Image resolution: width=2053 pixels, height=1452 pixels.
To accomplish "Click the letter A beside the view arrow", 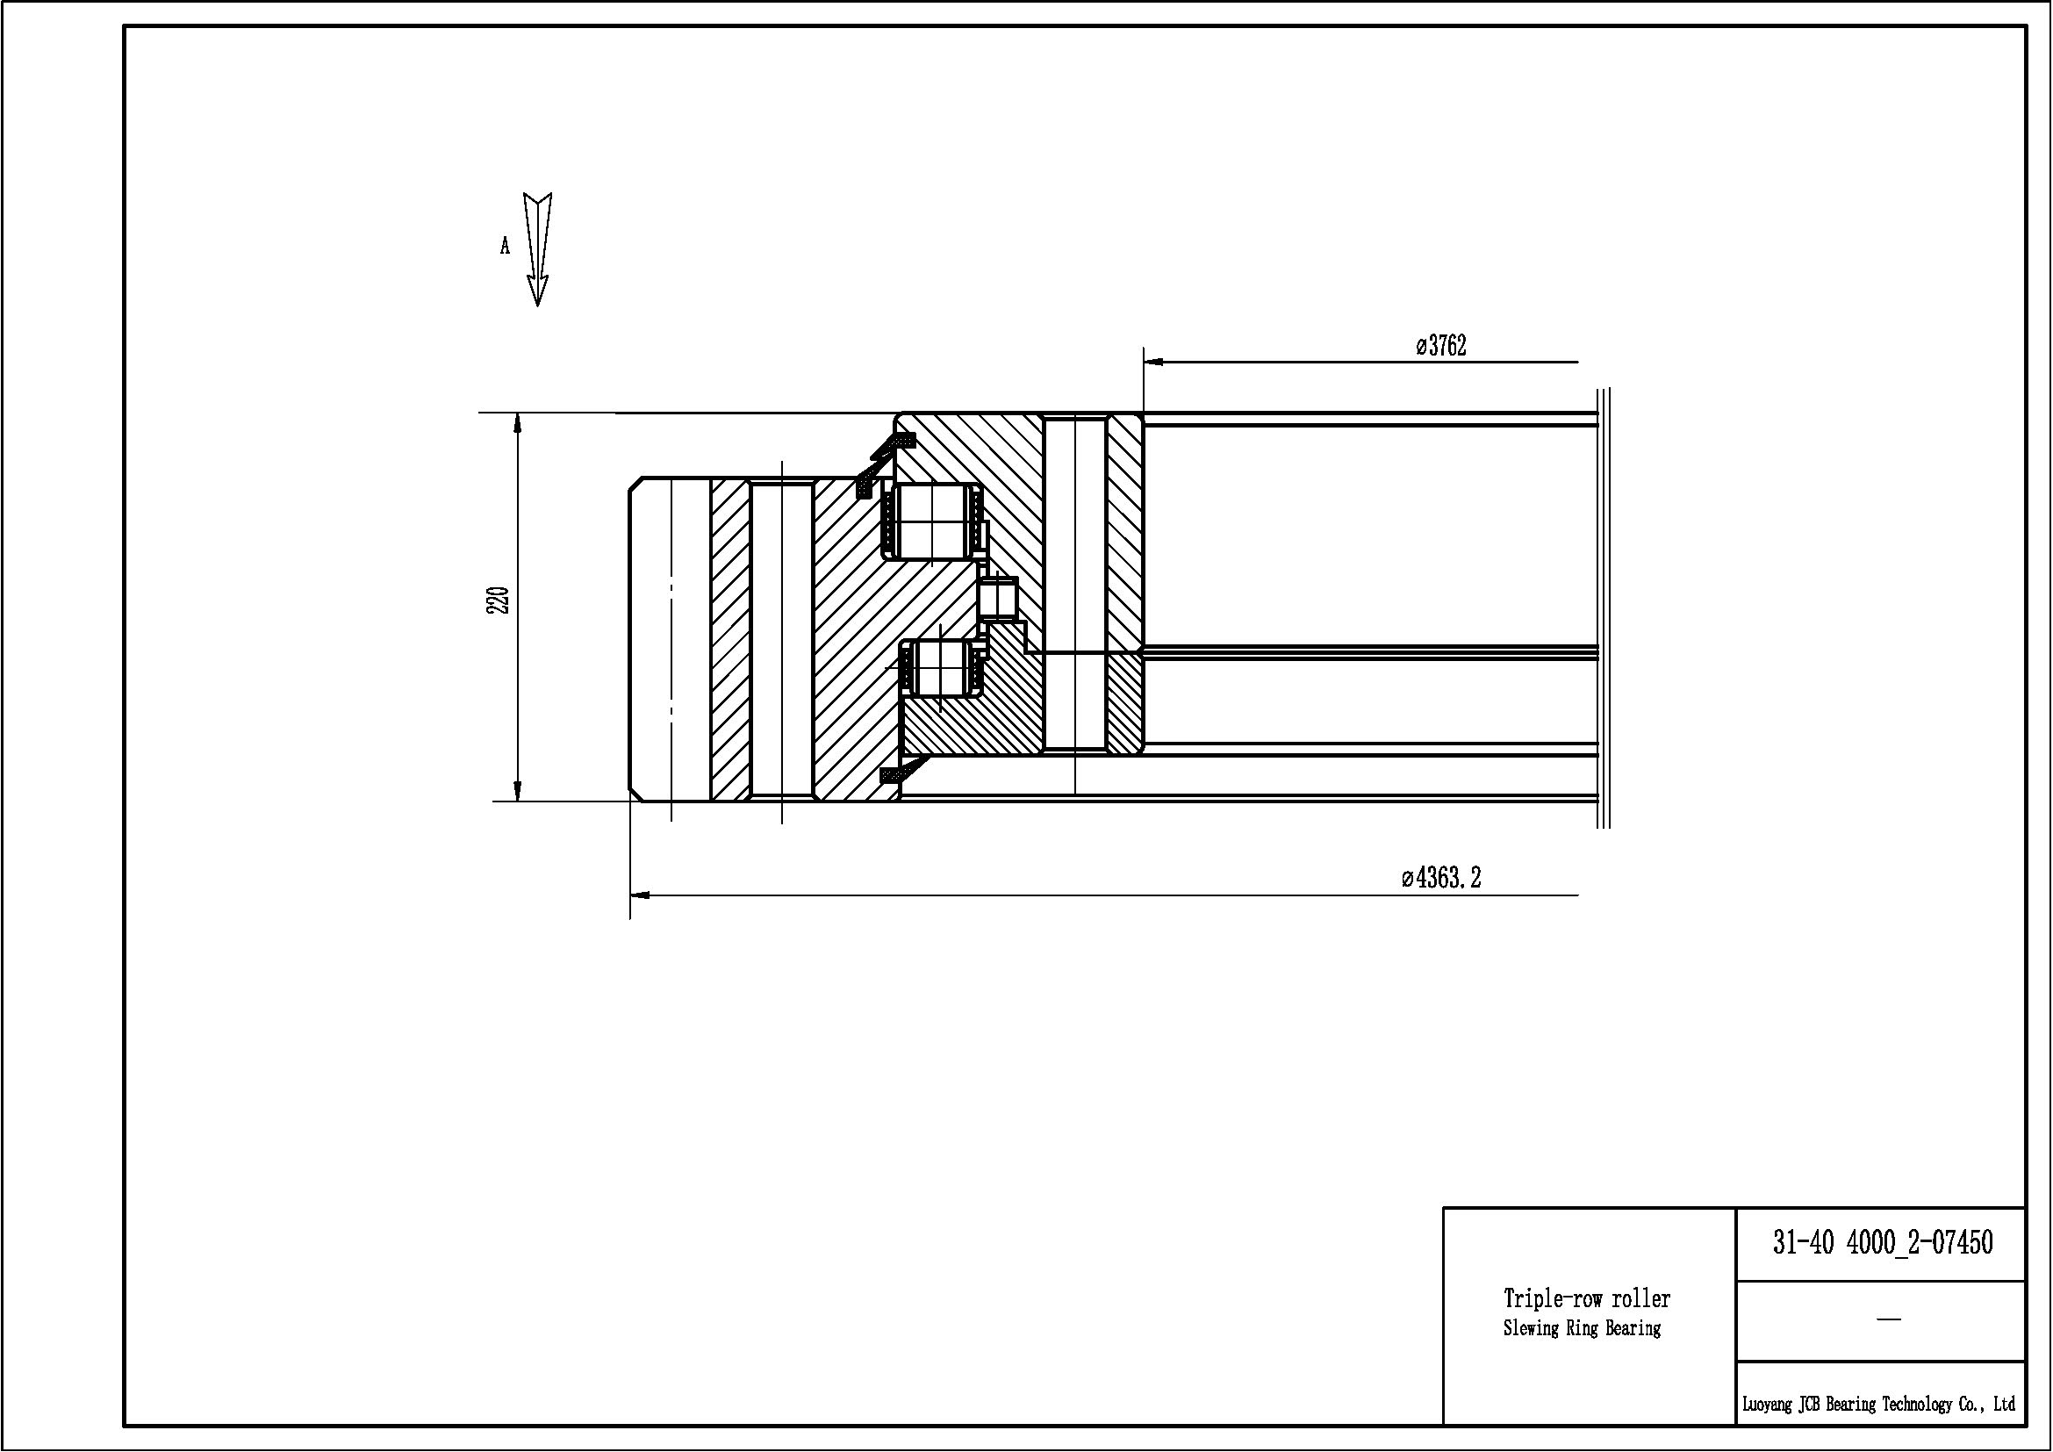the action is coord(505,246).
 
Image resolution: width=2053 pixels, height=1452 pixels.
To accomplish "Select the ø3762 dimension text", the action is coord(1441,345).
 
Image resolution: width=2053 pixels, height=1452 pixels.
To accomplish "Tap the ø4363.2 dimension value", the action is coord(1441,877).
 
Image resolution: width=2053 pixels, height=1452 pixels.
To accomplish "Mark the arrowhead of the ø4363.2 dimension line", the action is coord(640,894).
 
